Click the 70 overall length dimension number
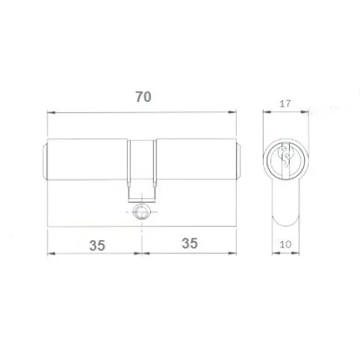tap(144, 97)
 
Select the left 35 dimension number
tap(97, 246)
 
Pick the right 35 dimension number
tap(189, 243)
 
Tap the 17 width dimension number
tap(285, 103)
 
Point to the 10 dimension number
tap(285, 245)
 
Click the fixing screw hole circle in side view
tap(142, 212)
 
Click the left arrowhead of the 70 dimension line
tap(51, 112)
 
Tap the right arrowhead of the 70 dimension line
tap(232, 112)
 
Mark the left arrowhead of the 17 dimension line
tap(267, 112)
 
